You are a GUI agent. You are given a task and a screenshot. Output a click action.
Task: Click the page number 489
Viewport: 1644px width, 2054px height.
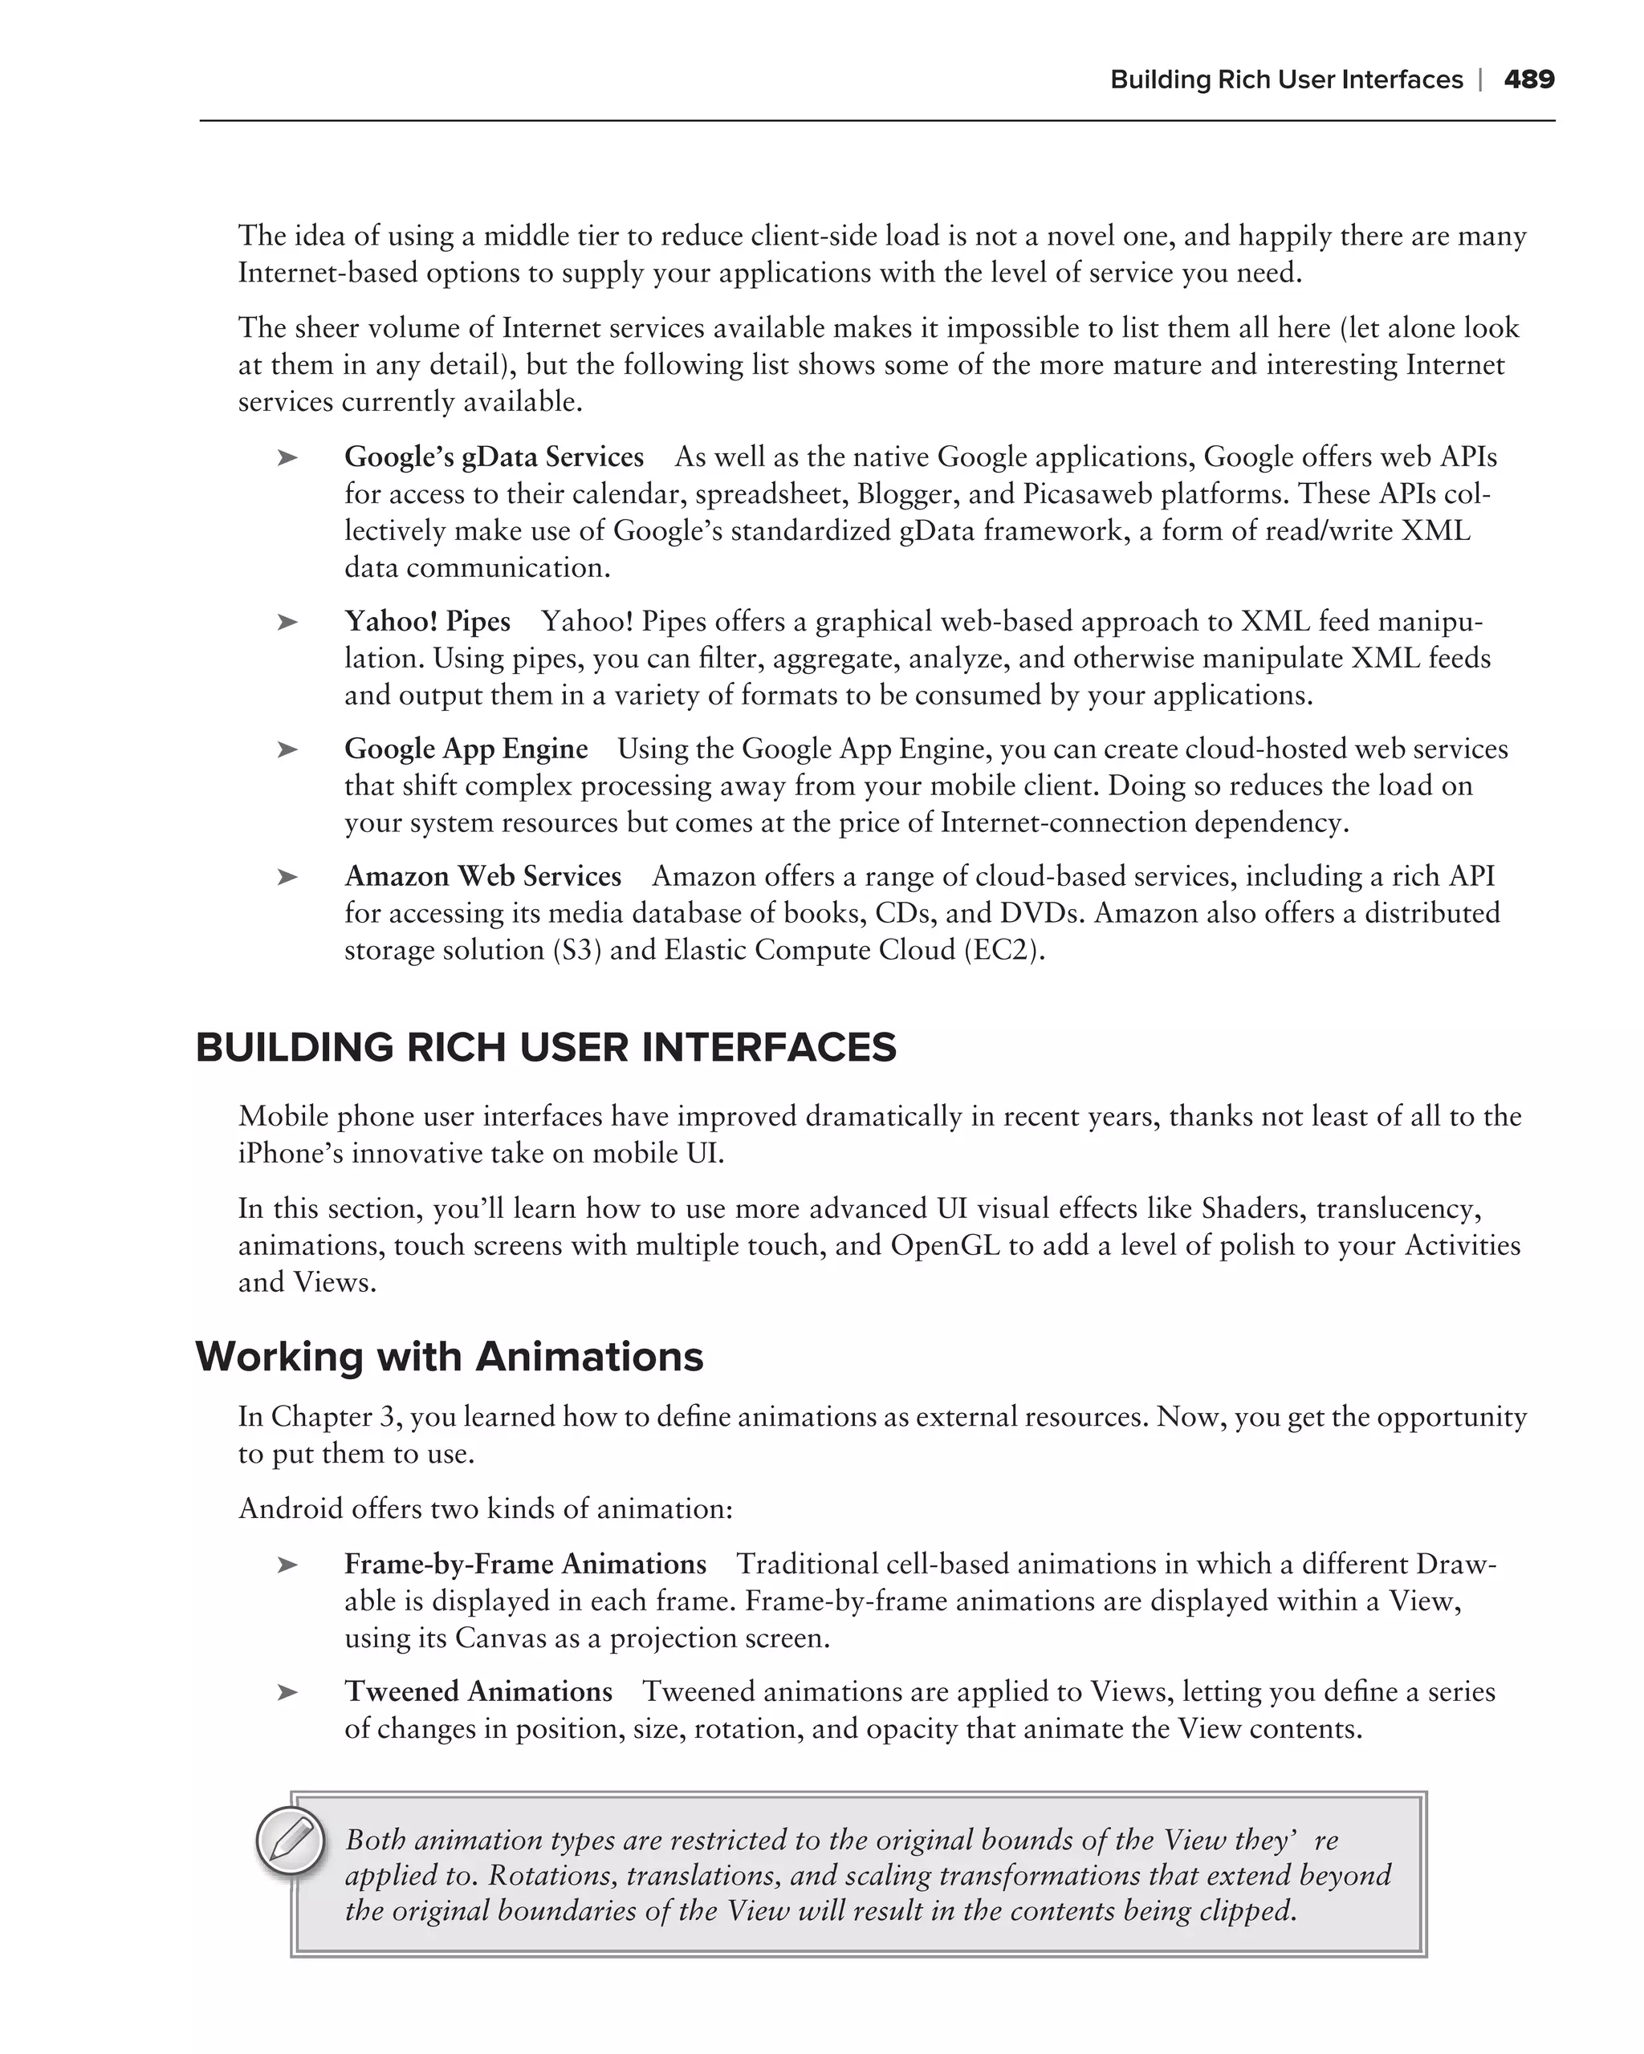(x=1528, y=80)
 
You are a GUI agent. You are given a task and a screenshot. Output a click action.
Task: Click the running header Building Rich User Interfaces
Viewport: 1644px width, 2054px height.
(x=1286, y=80)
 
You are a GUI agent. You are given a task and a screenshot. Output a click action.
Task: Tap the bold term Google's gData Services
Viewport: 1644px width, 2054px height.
(x=494, y=457)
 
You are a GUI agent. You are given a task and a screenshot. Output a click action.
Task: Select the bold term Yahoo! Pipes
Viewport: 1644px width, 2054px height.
(x=427, y=621)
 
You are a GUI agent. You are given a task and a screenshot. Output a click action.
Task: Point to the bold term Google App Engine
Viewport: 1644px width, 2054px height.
(x=466, y=749)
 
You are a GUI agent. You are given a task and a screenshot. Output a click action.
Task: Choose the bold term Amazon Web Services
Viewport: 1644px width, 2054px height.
(x=482, y=876)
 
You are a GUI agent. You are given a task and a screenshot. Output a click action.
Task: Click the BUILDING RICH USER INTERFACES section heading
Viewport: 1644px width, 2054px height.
(x=545, y=1048)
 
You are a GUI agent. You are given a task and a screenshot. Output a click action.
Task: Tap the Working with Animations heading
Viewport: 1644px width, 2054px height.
(x=449, y=1357)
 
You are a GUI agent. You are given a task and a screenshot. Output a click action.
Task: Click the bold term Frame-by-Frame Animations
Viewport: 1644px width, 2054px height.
(x=525, y=1565)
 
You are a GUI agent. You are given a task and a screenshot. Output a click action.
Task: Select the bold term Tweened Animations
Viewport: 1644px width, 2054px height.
(x=478, y=1692)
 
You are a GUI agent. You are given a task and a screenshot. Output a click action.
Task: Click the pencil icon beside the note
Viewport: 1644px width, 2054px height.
(x=291, y=1840)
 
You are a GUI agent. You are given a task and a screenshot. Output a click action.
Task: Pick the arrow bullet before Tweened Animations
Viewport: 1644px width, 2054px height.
(x=287, y=1693)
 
